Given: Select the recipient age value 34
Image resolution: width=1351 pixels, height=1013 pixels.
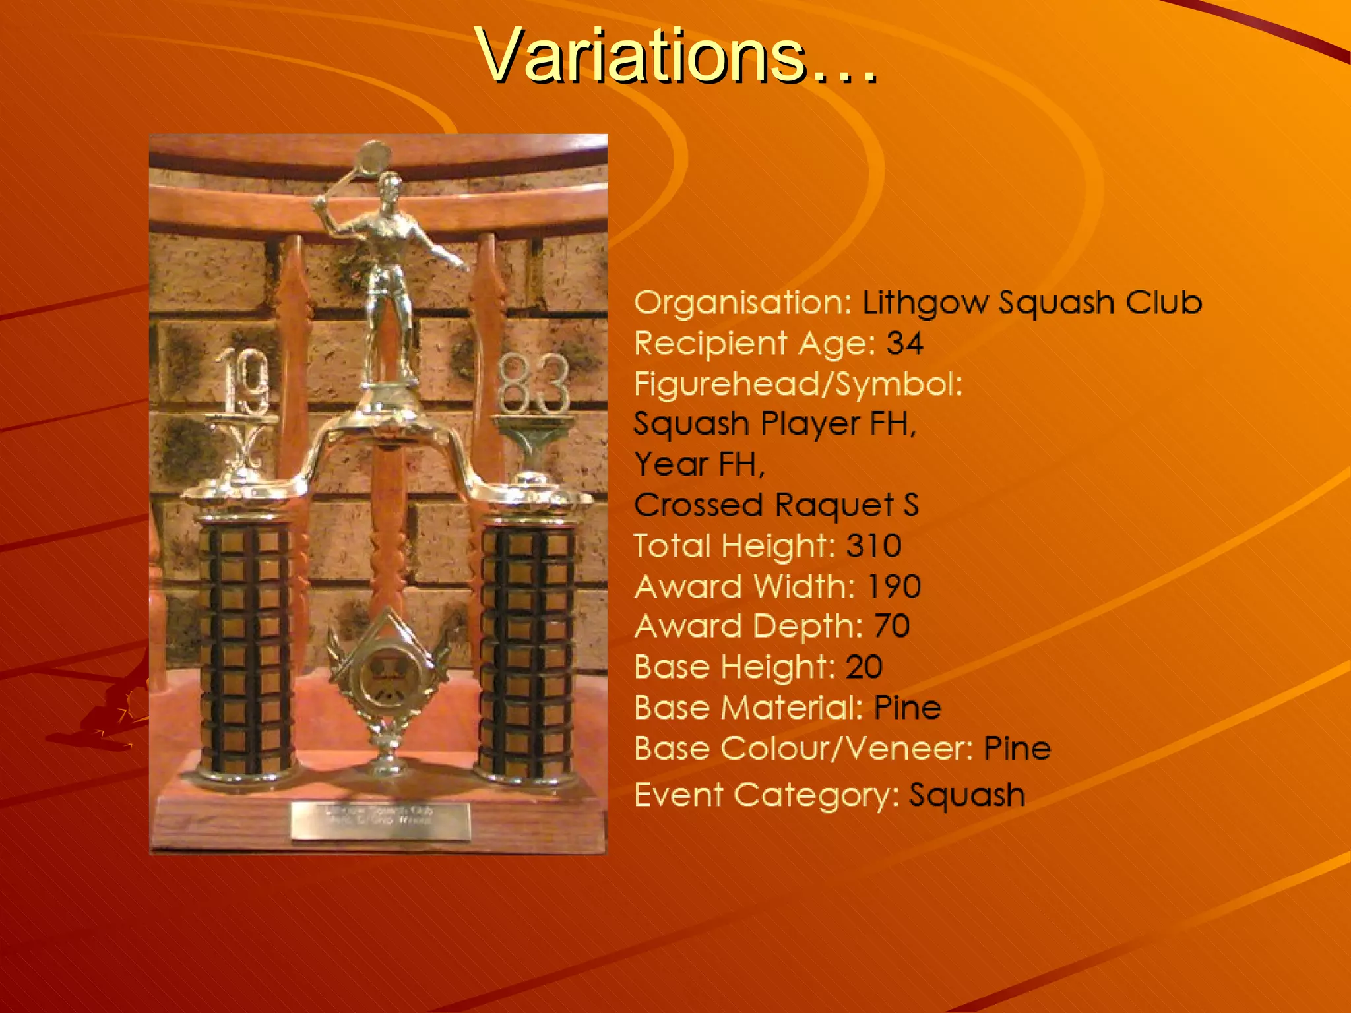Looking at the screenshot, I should (904, 344).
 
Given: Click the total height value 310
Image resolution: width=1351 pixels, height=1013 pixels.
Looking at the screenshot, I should (873, 546).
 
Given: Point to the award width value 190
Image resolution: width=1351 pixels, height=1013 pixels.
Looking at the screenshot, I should (894, 586).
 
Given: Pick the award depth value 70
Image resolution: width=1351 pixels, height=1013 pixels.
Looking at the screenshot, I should (892, 627).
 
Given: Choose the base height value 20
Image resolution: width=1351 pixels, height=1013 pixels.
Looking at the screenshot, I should (864, 667).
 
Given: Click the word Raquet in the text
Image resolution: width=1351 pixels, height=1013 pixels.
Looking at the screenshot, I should (834, 506).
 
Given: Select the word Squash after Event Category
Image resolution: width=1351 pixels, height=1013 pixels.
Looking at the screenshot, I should (967, 795).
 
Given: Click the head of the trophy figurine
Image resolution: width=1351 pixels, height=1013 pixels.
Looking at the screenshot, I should (391, 187).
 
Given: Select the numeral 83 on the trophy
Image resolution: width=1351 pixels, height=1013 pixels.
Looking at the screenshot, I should (533, 384).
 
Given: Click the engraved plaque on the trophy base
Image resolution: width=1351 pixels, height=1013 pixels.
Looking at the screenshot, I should (381, 821).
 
